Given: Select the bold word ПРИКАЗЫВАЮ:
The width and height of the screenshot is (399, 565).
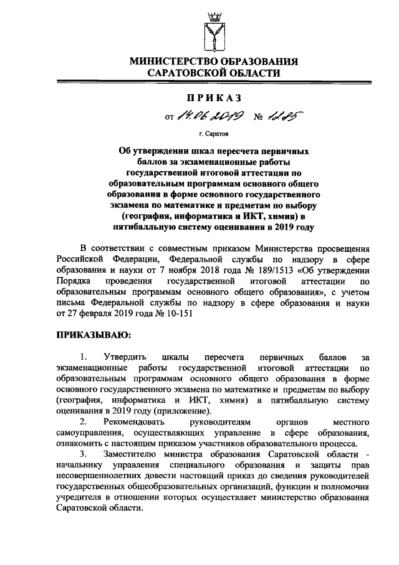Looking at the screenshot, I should (x=92, y=335).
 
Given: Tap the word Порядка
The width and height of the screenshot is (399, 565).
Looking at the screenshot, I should (x=73, y=282).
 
